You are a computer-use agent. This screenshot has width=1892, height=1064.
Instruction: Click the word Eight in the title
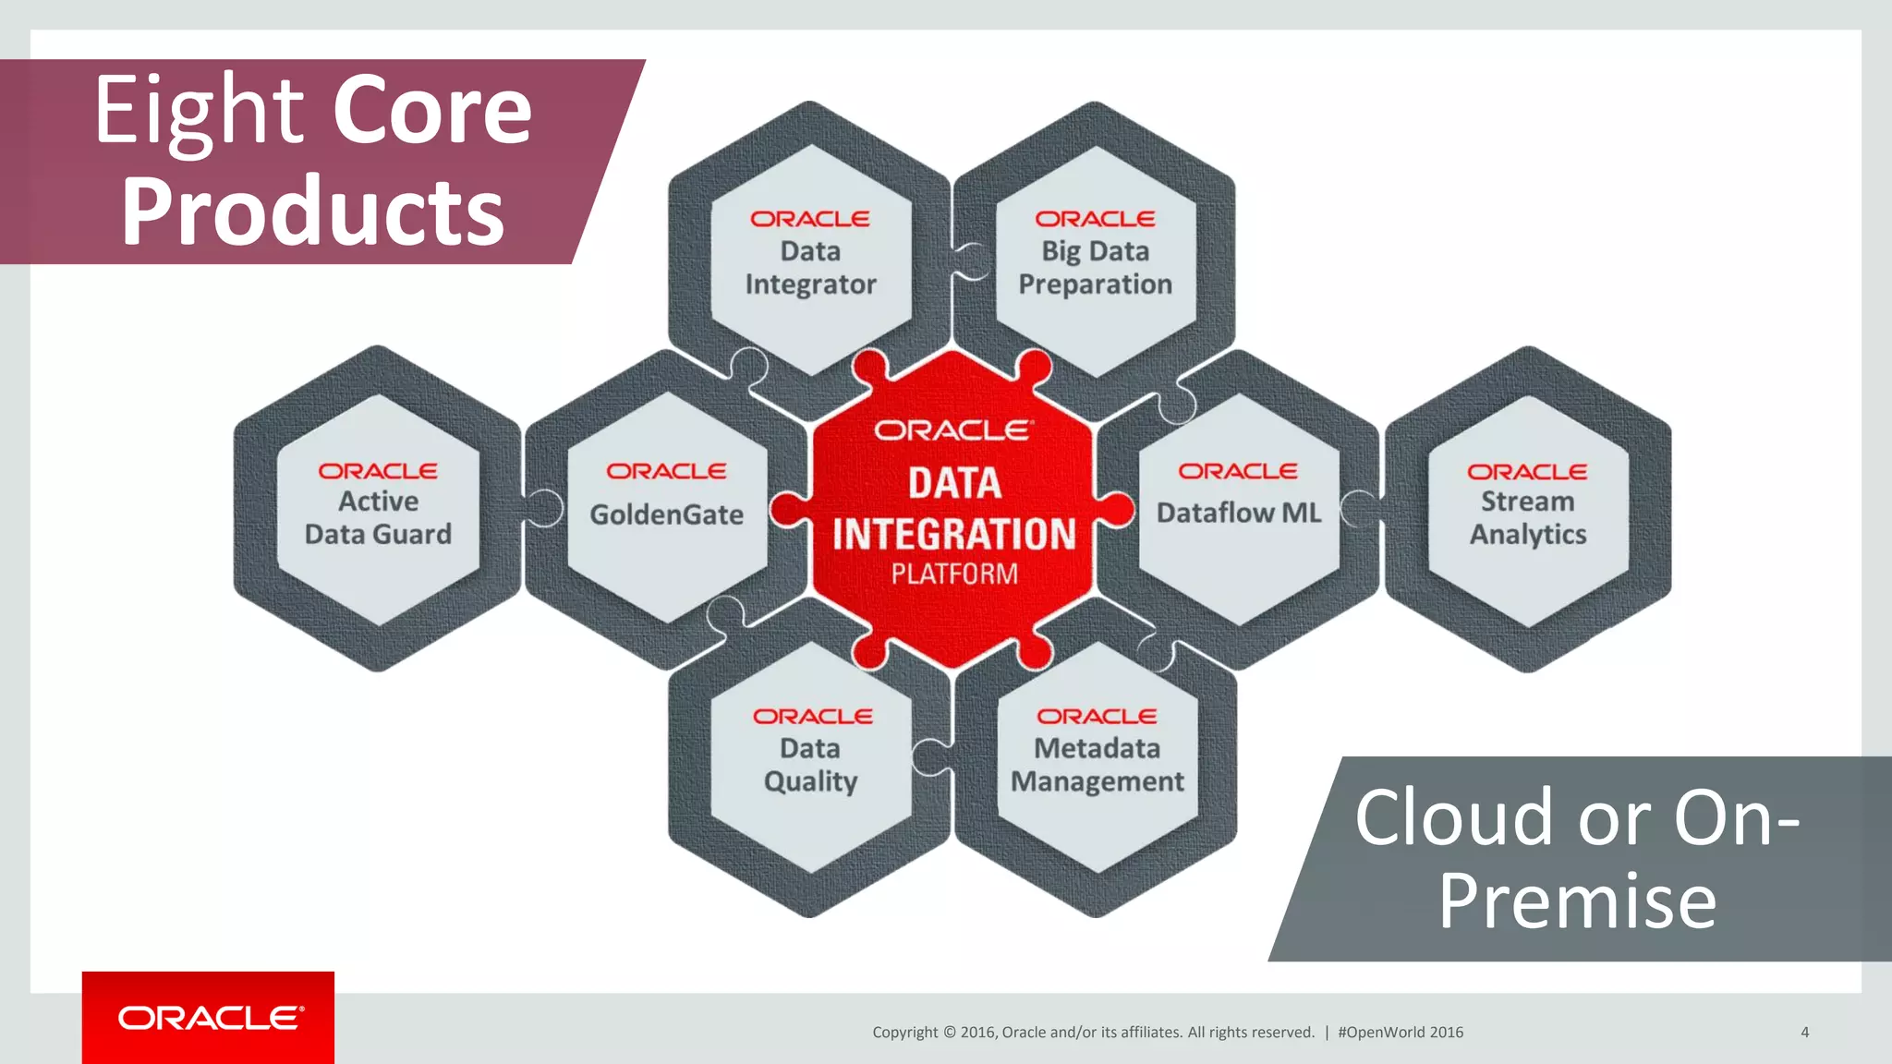200,113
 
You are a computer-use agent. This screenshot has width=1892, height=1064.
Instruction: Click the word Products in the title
312,212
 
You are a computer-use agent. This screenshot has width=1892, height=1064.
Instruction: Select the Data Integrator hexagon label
810,268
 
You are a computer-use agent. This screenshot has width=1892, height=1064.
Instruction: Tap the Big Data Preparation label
1095,268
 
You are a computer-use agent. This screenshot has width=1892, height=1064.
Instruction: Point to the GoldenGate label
666,514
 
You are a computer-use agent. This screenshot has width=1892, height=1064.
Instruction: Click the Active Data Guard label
378,518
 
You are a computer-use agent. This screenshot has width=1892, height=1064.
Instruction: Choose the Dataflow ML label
1239,513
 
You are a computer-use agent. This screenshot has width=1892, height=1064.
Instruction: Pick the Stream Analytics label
1527,518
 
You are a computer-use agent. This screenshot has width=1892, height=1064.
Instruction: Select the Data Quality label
810,765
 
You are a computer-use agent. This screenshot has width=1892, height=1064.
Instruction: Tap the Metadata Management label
1097,765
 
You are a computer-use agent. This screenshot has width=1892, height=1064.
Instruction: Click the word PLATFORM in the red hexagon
954,574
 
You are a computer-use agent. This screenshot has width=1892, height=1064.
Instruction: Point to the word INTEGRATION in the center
954,534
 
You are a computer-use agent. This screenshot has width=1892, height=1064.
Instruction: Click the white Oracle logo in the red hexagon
953,430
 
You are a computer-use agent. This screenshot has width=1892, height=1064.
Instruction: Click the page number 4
1804,1033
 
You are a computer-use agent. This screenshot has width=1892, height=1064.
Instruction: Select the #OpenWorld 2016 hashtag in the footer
1400,1033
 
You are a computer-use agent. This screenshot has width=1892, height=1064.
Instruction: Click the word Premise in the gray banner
1576,901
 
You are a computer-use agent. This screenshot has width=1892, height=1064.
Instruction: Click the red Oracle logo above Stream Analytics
1527,472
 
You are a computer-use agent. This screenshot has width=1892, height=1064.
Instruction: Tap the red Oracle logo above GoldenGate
666,471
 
